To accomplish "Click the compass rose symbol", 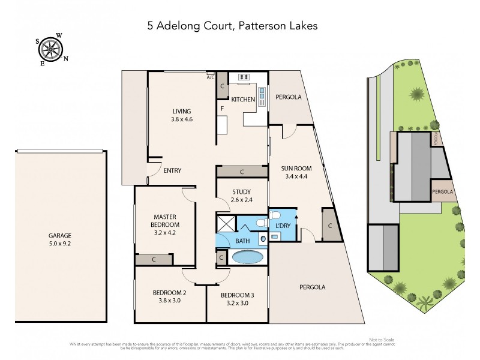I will [52, 48].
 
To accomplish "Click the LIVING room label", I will [181, 111].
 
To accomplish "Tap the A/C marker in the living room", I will [210, 77].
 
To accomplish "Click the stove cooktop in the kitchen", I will [244, 77].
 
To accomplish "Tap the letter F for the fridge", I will [221, 109].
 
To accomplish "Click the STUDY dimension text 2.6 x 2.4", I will [241, 200].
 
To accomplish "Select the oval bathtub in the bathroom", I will [247, 257].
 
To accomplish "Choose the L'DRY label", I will [283, 225].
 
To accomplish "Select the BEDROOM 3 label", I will [237, 295].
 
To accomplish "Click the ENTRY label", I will [172, 170].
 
